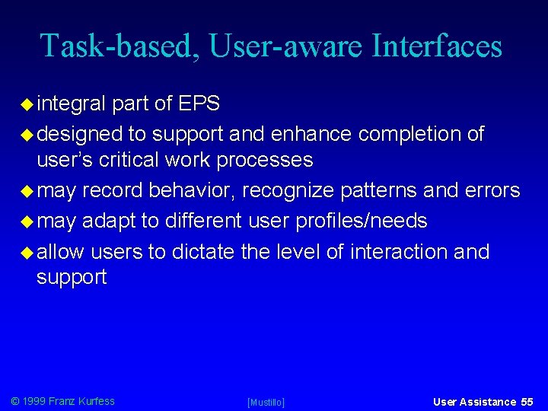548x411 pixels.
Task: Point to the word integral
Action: (72, 104)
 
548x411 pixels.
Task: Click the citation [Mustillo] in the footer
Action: (266, 402)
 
